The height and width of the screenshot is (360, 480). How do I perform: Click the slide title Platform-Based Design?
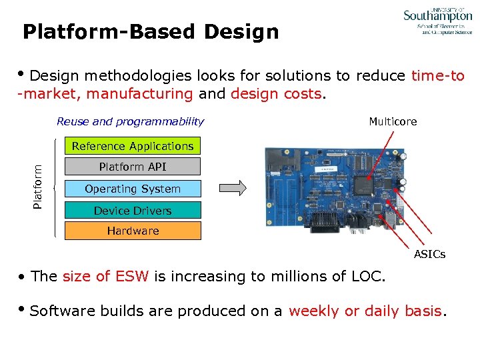click(x=151, y=31)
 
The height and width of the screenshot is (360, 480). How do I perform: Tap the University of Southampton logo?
click(x=437, y=21)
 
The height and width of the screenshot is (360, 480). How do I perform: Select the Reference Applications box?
click(x=133, y=146)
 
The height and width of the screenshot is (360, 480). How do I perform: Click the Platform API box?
click(x=133, y=167)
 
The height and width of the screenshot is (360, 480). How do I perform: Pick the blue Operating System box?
click(x=133, y=189)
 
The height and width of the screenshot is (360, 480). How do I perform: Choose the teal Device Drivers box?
click(x=133, y=211)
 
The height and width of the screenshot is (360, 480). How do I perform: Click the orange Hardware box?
click(x=133, y=231)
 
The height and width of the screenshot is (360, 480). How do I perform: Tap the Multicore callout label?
click(x=393, y=121)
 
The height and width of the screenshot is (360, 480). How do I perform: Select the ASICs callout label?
click(x=429, y=254)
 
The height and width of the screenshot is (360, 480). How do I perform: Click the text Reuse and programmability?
click(x=130, y=121)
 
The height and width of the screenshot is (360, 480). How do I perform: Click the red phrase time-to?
click(x=438, y=76)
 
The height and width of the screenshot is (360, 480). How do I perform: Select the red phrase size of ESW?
click(x=105, y=277)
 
